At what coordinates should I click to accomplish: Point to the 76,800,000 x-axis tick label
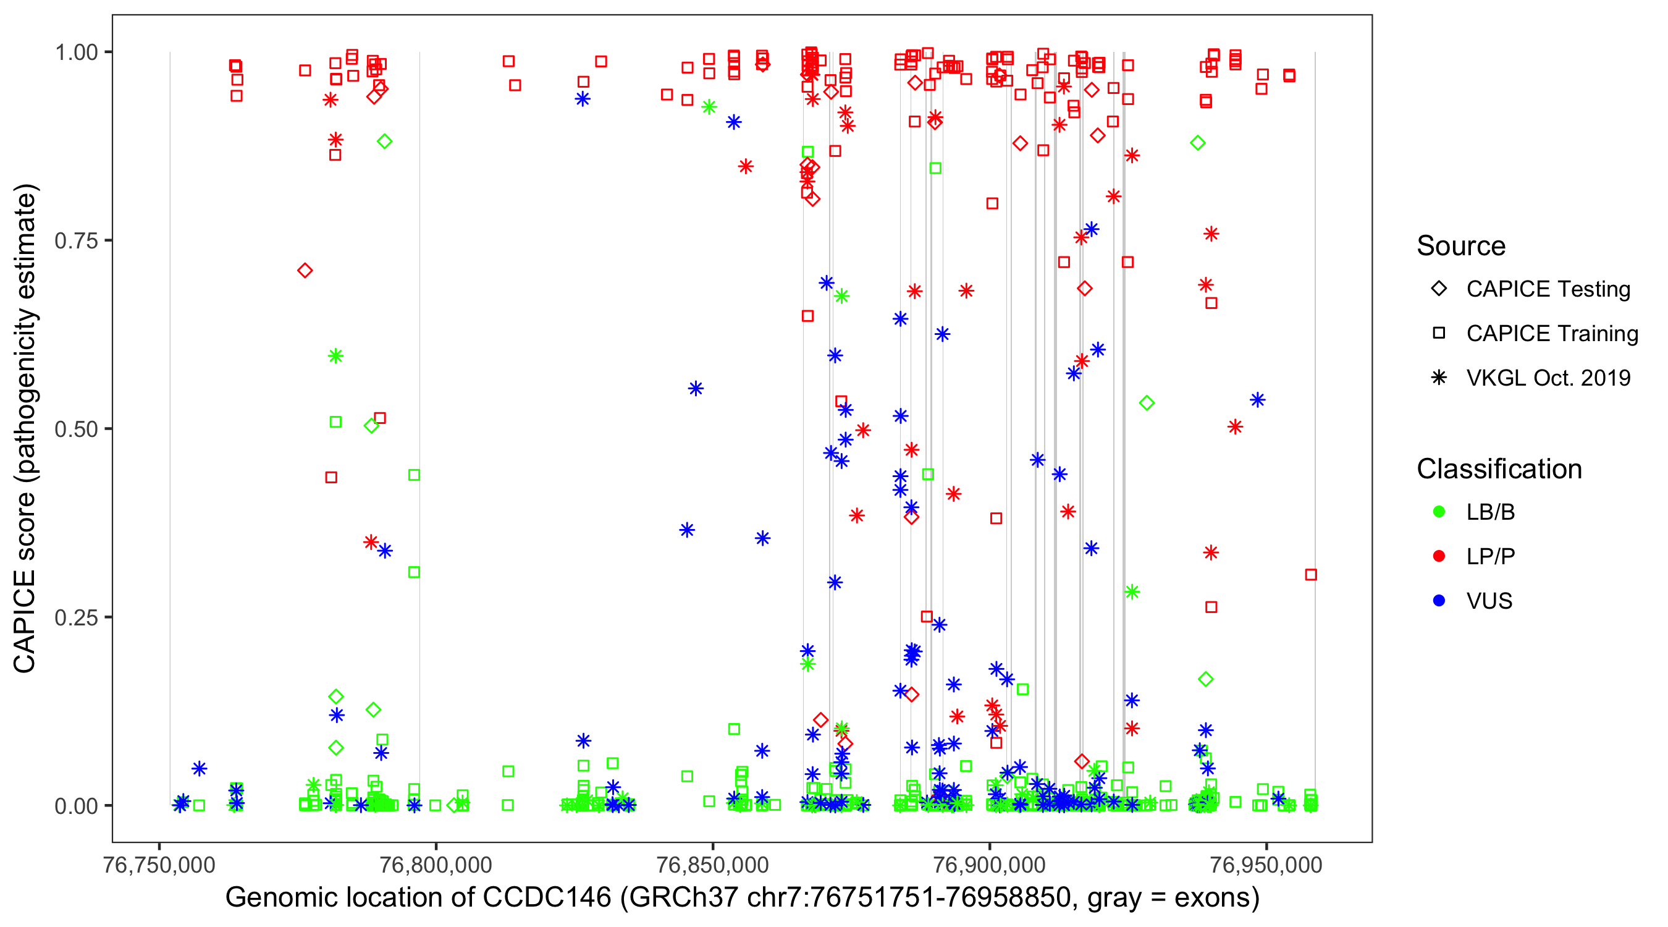click(x=435, y=865)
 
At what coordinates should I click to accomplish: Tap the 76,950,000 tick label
click(x=1266, y=865)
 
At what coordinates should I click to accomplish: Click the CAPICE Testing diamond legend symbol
click(x=1439, y=289)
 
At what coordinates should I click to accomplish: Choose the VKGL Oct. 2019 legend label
click(x=1548, y=378)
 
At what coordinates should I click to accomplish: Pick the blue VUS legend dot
click(x=1439, y=601)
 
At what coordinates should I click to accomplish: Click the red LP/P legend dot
click(x=1439, y=556)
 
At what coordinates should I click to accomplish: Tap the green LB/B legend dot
click(x=1439, y=512)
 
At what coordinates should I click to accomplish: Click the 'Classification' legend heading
click(x=1498, y=469)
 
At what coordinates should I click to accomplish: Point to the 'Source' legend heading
click(x=1461, y=246)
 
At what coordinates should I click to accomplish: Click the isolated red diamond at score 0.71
click(x=305, y=271)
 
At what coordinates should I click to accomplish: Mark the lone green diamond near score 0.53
click(x=1147, y=403)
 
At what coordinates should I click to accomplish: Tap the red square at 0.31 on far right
click(x=1310, y=575)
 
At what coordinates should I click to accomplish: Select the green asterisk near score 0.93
click(x=709, y=107)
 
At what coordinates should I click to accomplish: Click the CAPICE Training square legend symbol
click(x=1439, y=334)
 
